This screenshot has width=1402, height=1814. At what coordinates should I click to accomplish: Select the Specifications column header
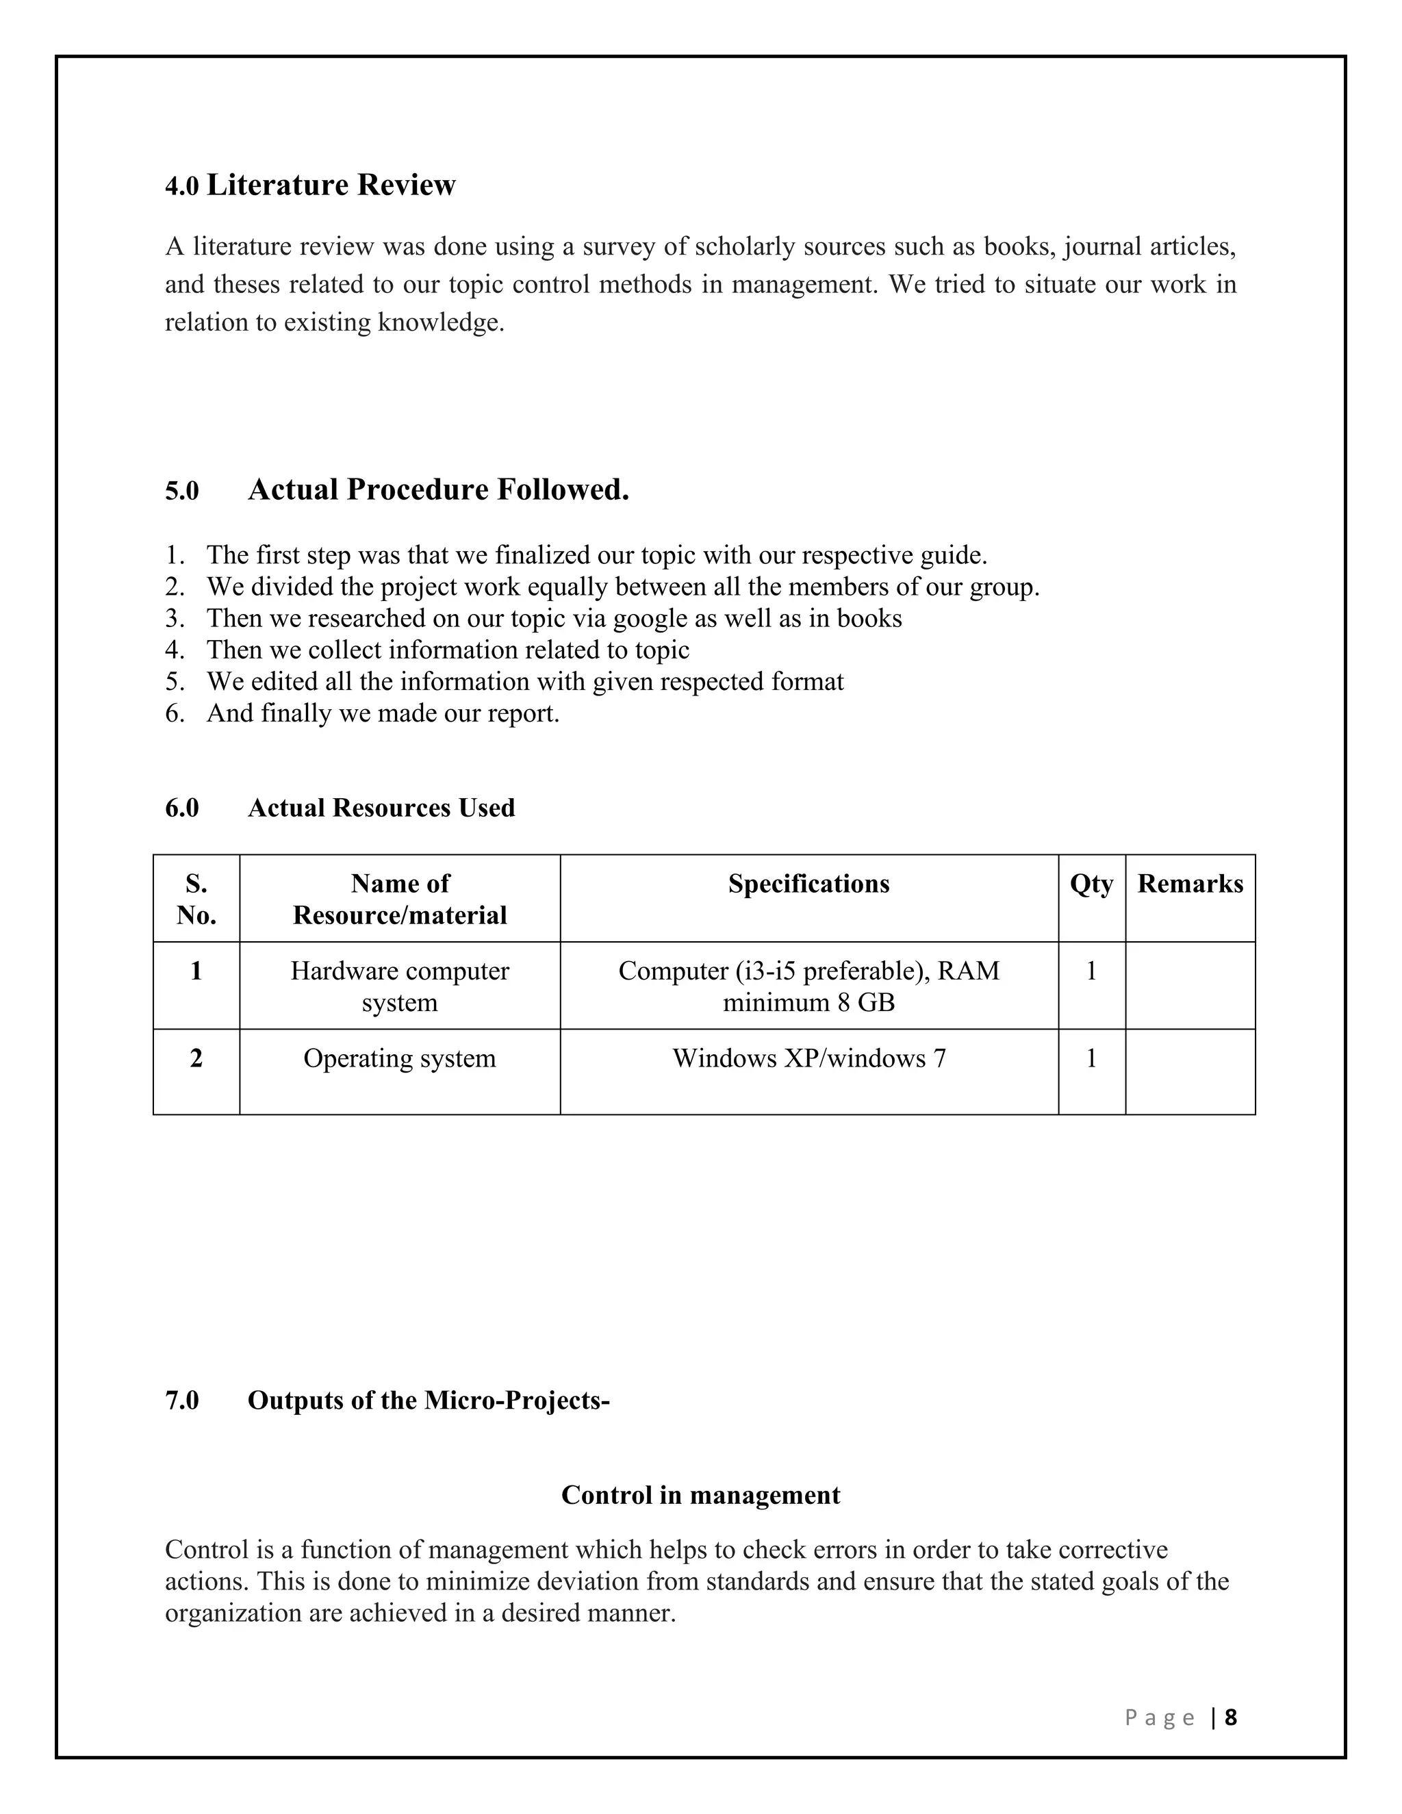pos(808,884)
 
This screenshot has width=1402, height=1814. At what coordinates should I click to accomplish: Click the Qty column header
pos(1091,884)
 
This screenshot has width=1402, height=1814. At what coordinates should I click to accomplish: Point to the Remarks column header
pos(1189,884)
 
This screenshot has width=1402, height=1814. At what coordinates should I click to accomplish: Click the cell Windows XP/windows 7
pos(808,1058)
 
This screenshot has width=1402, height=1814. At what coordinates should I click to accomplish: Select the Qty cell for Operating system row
pos(1091,1058)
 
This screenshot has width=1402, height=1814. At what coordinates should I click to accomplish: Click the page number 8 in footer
pos(1230,1717)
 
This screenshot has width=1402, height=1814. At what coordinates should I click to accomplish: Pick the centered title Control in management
pos(700,1495)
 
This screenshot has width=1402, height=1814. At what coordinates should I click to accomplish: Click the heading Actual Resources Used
pos(381,808)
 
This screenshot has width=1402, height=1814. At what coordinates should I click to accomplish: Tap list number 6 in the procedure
pos(174,713)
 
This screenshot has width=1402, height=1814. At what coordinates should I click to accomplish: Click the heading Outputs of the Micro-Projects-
pos(428,1401)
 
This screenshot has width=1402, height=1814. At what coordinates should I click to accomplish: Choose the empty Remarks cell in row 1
pos(1189,986)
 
